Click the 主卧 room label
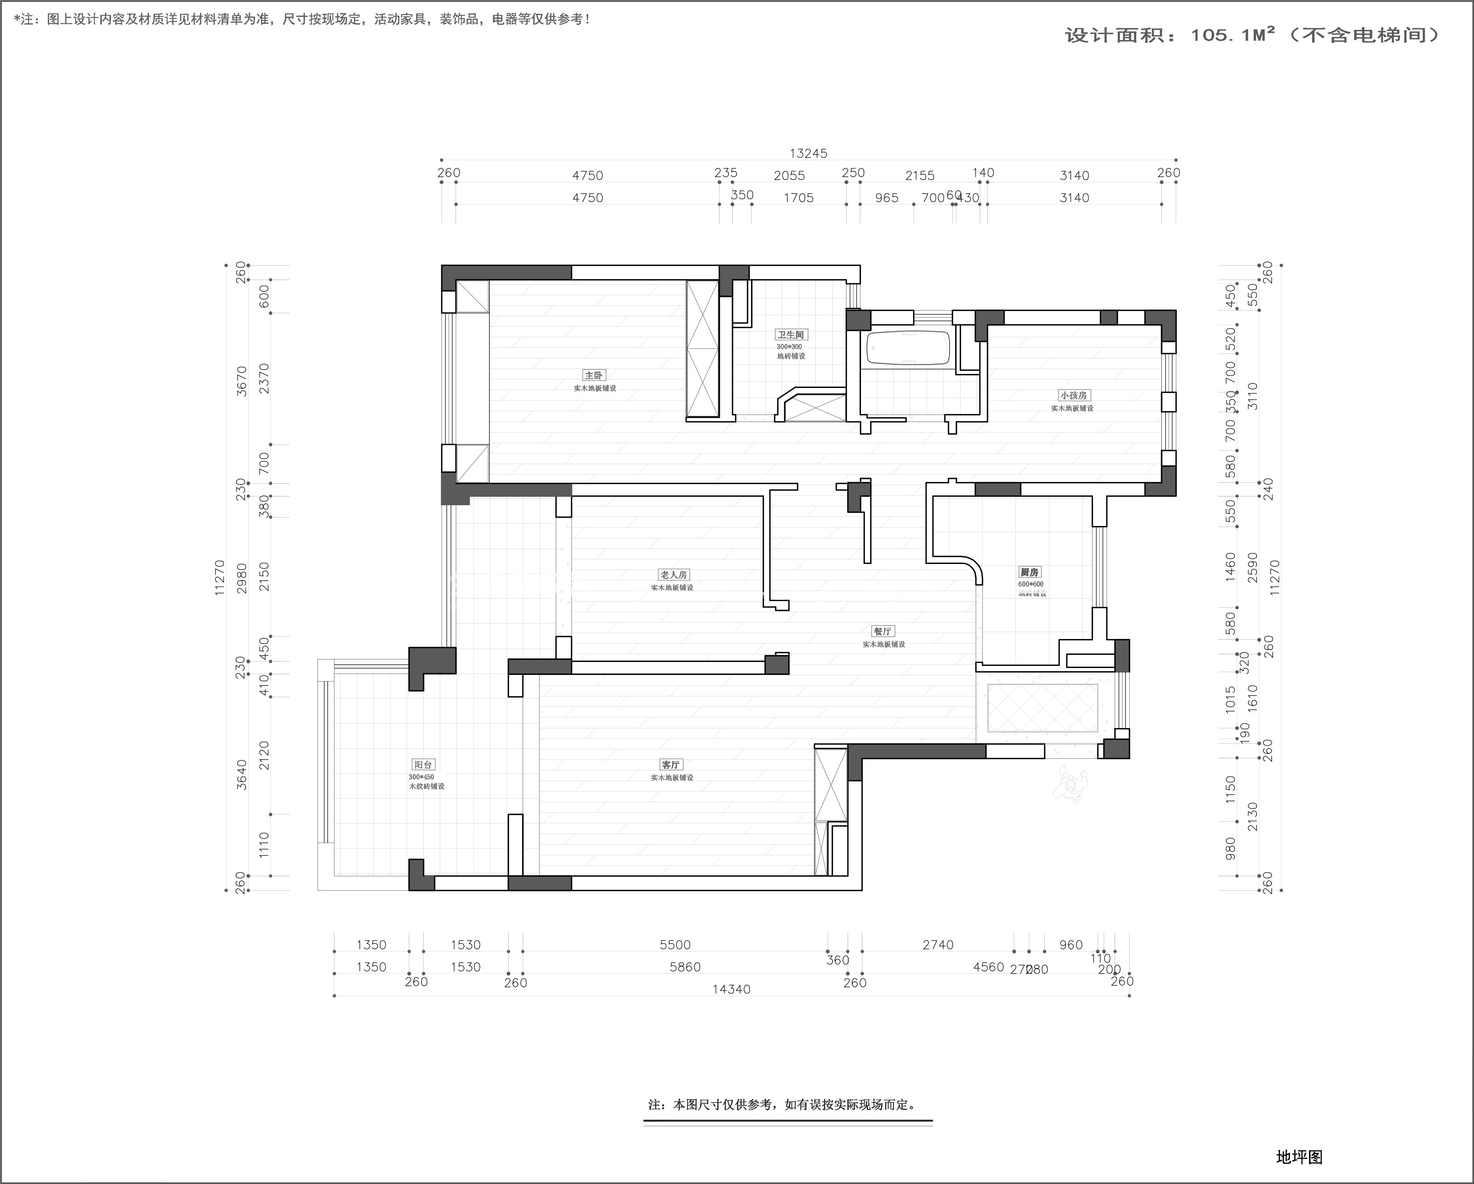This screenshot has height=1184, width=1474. click(593, 375)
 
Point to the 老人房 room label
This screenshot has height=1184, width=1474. click(673, 575)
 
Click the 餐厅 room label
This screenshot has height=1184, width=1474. click(883, 632)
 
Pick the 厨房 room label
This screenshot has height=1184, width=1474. click(1030, 572)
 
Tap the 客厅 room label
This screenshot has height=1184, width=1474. click(671, 765)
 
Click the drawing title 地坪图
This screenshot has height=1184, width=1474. click(1299, 1157)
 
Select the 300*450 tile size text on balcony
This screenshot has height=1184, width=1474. click(421, 777)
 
